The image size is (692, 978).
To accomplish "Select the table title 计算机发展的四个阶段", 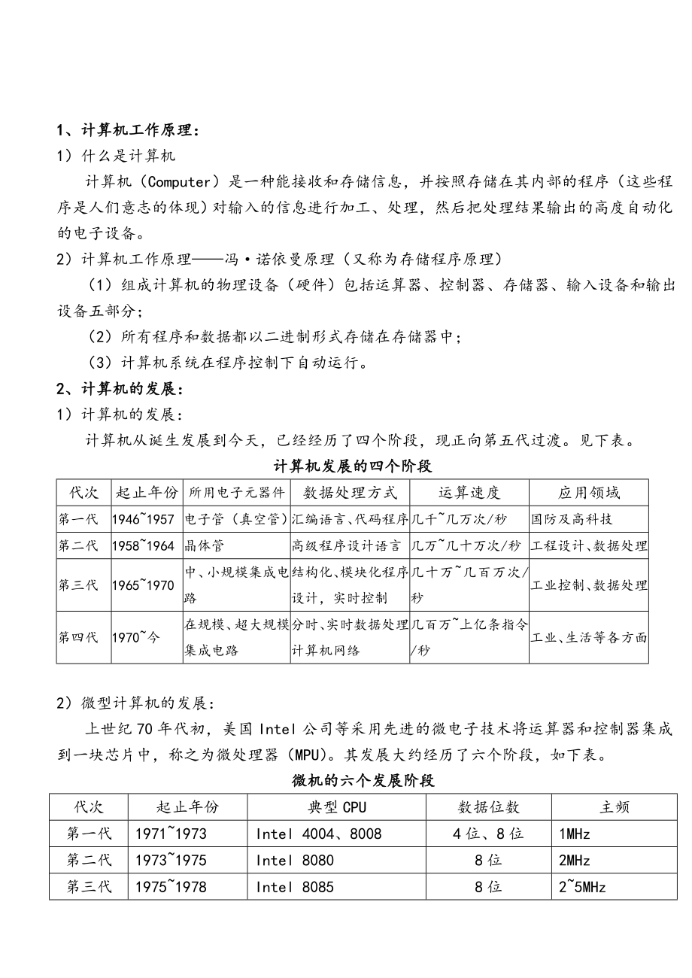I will pyautogui.click(x=352, y=466).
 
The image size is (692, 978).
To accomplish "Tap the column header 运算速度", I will pyautogui.click(x=469, y=493).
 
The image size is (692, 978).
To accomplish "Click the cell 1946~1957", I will pyautogui.click(x=143, y=519).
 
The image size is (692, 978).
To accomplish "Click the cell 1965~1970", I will pyautogui.click(x=143, y=585).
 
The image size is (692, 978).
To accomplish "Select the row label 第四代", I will pyautogui.click(x=78, y=637).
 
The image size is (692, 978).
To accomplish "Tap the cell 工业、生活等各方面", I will pyautogui.click(x=589, y=637).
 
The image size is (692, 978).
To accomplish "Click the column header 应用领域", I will pyautogui.click(x=589, y=493).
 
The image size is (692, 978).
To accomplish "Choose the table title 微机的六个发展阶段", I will pyautogui.click(x=363, y=780).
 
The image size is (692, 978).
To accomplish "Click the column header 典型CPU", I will pyautogui.click(x=337, y=807).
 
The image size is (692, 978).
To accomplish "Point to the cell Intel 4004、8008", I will pyautogui.click(x=319, y=834).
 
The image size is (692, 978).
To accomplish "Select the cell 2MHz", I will pyautogui.click(x=575, y=860).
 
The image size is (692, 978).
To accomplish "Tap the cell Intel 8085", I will pyautogui.click(x=295, y=886).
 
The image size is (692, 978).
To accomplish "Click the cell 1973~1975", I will pyautogui.click(x=171, y=860).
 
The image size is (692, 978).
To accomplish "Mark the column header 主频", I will pyautogui.click(x=614, y=807).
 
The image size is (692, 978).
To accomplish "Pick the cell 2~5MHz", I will pyautogui.click(x=582, y=886).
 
